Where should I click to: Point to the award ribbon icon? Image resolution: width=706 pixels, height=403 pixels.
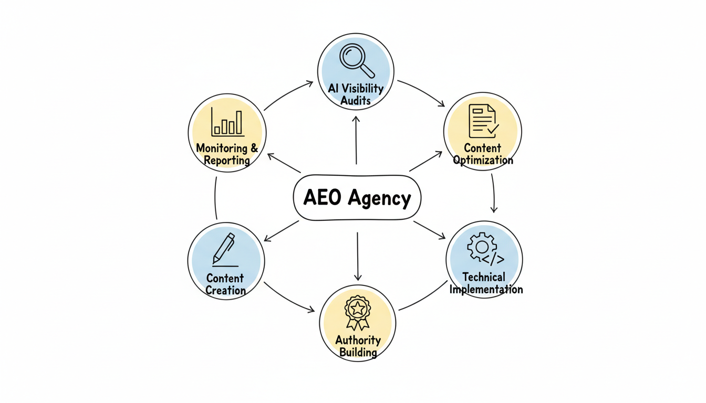point(357,312)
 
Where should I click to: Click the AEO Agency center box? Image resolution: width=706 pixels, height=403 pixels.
point(357,198)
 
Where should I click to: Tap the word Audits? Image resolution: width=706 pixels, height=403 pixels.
point(356,101)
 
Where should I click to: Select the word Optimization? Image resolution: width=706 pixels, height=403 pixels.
point(483,161)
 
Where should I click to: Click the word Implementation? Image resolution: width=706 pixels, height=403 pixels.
point(486,289)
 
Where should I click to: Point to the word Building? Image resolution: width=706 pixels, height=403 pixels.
point(358,352)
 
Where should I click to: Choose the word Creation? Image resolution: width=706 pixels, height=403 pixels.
point(226,290)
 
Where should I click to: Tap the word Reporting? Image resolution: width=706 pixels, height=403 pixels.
point(227,161)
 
